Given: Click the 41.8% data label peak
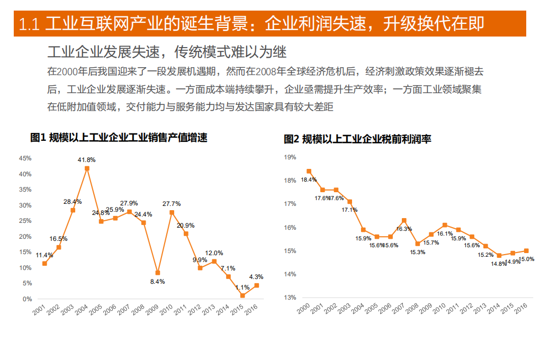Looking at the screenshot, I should [x=86, y=160].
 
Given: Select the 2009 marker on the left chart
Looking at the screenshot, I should [x=158, y=273].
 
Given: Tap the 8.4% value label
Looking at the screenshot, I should [x=158, y=282].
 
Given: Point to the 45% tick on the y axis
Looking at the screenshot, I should [x=25, y=158].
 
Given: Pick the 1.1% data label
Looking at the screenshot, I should [x=242, y=287].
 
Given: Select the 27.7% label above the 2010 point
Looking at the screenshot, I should [x=172, y=204].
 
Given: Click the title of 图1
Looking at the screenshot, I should [x=119, y=138].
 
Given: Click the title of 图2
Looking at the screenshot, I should [x=357, y=139].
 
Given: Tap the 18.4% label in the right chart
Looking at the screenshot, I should [x=309, y=180].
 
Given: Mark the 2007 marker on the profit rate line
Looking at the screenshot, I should [x=404, y=220].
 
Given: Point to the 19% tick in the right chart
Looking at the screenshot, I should [x=290, y=157].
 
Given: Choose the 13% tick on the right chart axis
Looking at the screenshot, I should [x=290, y=298].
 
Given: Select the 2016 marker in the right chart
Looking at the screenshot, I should [x=526, y=251].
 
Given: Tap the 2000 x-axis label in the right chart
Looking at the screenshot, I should [x=304, y=309].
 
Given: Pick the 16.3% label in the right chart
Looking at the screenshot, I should [x=404, y=229].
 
